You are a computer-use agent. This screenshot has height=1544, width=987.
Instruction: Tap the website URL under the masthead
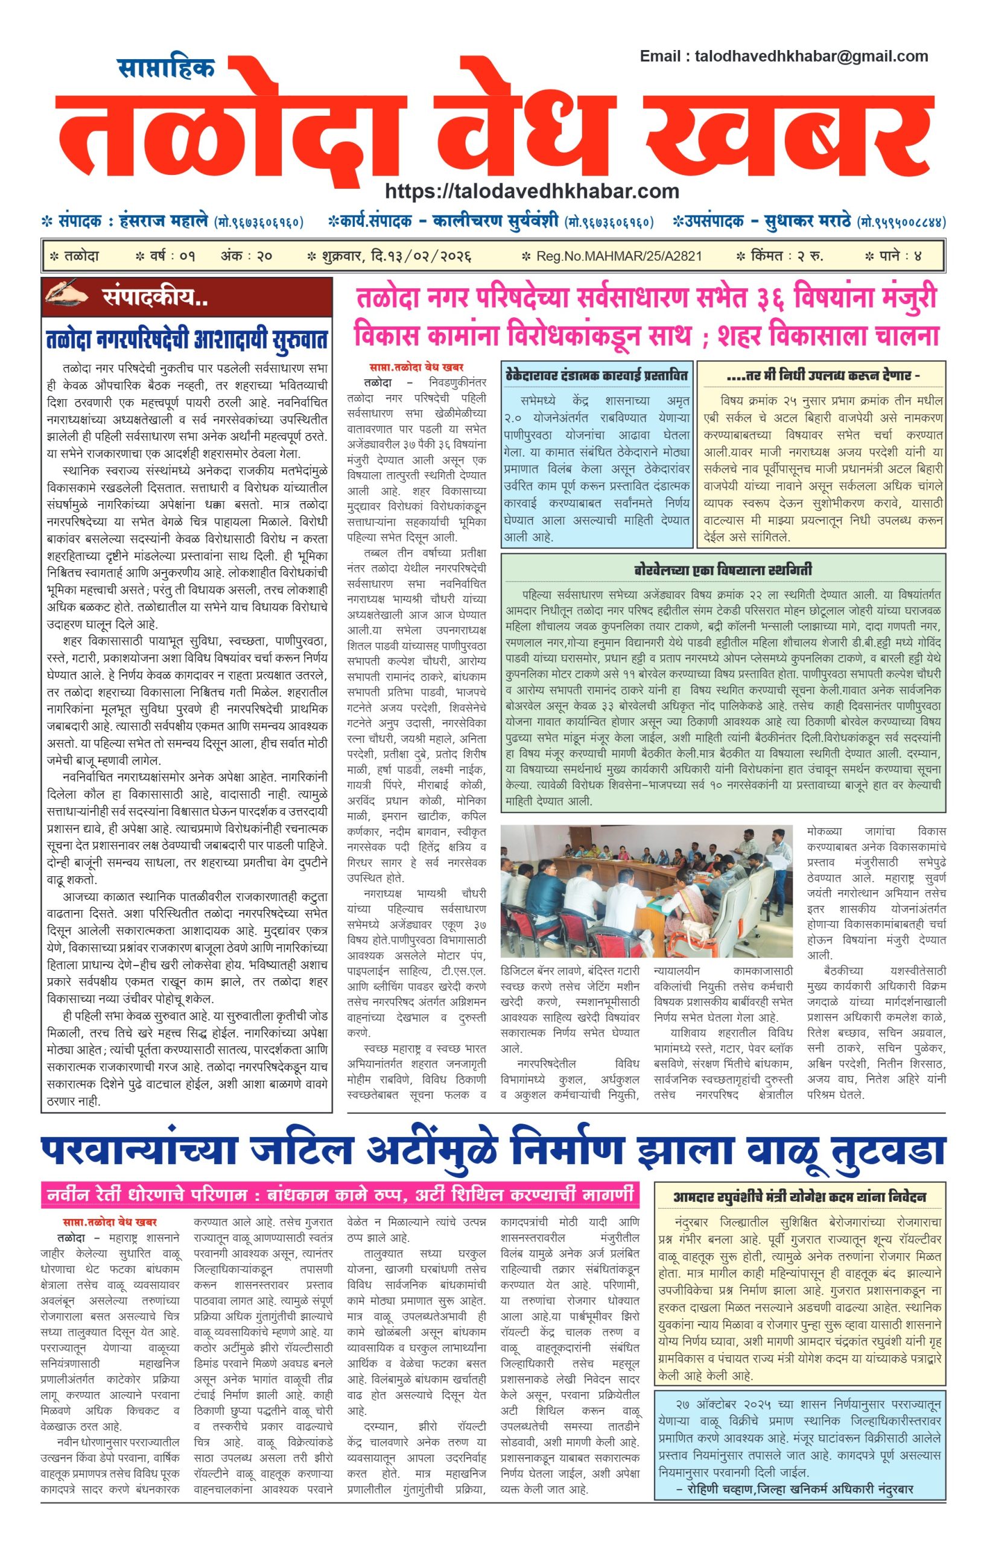[532, 191]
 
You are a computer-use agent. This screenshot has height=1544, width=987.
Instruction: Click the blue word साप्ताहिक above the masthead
[166, 68]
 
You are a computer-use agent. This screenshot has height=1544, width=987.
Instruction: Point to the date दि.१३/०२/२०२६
[421, 256]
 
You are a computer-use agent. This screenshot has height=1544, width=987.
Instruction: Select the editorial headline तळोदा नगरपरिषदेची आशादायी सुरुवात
[186, 339]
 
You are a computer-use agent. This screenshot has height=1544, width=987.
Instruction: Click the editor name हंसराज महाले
[164, 222]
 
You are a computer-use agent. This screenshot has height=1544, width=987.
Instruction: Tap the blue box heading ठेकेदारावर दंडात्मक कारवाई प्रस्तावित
[597, 375]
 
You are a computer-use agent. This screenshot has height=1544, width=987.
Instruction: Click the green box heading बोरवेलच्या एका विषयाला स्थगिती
[723, 569]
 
